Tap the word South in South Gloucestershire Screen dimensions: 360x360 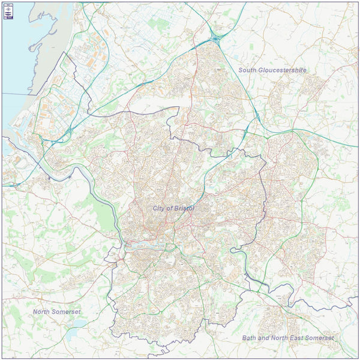pos(248,70)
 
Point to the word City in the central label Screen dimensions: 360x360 pos(159,208)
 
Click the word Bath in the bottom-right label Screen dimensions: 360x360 pos(249,338)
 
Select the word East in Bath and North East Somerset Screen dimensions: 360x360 pos(295,338)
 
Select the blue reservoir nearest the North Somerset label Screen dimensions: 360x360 pos(77,325)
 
